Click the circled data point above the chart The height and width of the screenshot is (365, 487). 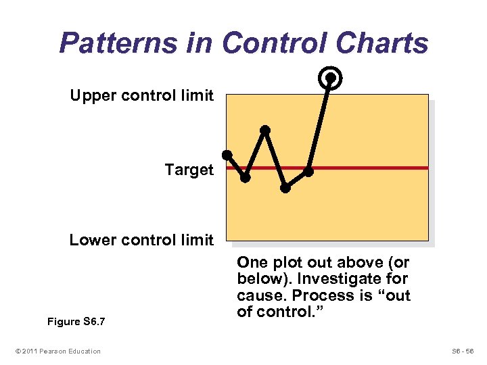click(330, 78)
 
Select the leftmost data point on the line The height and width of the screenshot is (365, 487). click(227, 155)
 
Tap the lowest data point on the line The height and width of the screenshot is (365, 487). click(285, 188)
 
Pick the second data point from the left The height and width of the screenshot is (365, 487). click(245, 178)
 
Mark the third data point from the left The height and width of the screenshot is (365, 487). click(265, 130)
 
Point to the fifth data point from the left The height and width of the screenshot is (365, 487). click(308, 172)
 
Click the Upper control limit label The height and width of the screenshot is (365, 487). click(141, 95)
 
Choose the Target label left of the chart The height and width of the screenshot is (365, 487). click(189, 170)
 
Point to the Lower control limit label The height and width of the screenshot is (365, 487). click(141, 240)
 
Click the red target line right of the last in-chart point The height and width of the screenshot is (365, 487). click(372, 168)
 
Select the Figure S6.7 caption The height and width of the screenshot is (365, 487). click(75, 322)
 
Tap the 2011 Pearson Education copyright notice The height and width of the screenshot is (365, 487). click(58, 351)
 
